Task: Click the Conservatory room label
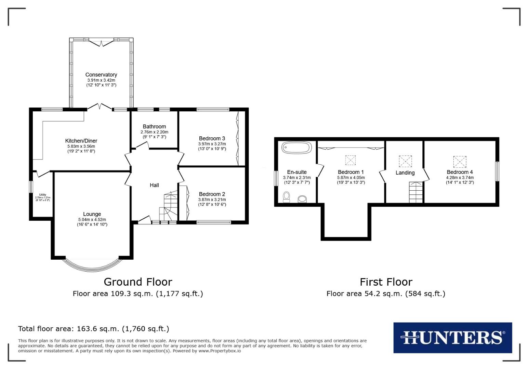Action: click(x=101, y=74)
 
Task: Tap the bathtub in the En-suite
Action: click(x=296, y=148)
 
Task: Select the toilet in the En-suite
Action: click(x=287, y=196)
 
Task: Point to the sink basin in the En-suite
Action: click(x=302, y=199)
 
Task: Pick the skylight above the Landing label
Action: click(x=405, y=161)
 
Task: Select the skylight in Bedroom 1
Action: click(x=350, y=160)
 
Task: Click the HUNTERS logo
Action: click(x=452, y=338)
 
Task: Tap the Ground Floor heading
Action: click(x=138, y=282)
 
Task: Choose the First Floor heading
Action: click(x=386, y=282)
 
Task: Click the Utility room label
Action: click(x=42, y=195)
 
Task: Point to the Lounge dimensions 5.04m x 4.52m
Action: click(x=92, y=220)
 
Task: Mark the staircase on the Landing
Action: click(x=416, y=192)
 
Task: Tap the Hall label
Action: click(x=154, y=185)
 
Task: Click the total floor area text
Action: click(x=93, y=329)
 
